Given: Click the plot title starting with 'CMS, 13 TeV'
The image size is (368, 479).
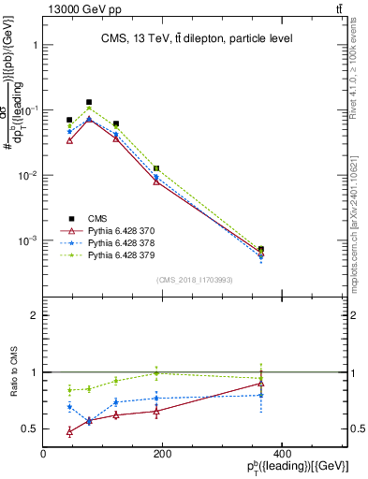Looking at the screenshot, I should pyautogui.click(x=197, y=38).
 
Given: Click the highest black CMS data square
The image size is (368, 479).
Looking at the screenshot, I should pyautogui.click(x=89, y=102).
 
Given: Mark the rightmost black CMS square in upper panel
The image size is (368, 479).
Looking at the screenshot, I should pyautogui.click(x=260, y=250).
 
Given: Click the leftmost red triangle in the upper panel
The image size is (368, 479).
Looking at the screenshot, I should pyautogui.click(x=70, y=140).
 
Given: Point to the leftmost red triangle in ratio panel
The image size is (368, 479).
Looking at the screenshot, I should pyautogui.click(x=70, y=431).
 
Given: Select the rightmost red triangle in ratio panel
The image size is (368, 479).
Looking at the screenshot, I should pyautogui.click(x=260, y=384).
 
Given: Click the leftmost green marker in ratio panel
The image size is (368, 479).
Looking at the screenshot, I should pyautogui.click(x=70, y=389).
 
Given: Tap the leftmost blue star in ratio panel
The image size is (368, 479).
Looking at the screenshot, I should pyautogui.click(x=70, y=407).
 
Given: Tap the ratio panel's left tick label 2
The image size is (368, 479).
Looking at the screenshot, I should pyautogui.click(x=34, y=316).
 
